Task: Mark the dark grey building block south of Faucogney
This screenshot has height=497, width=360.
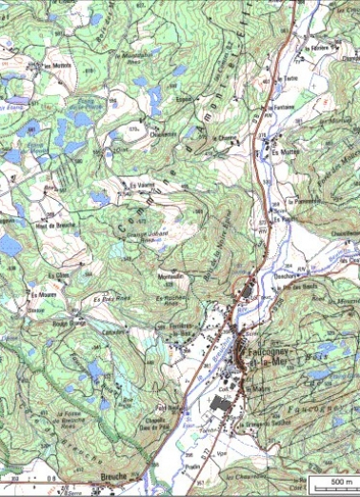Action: (220, 406)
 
